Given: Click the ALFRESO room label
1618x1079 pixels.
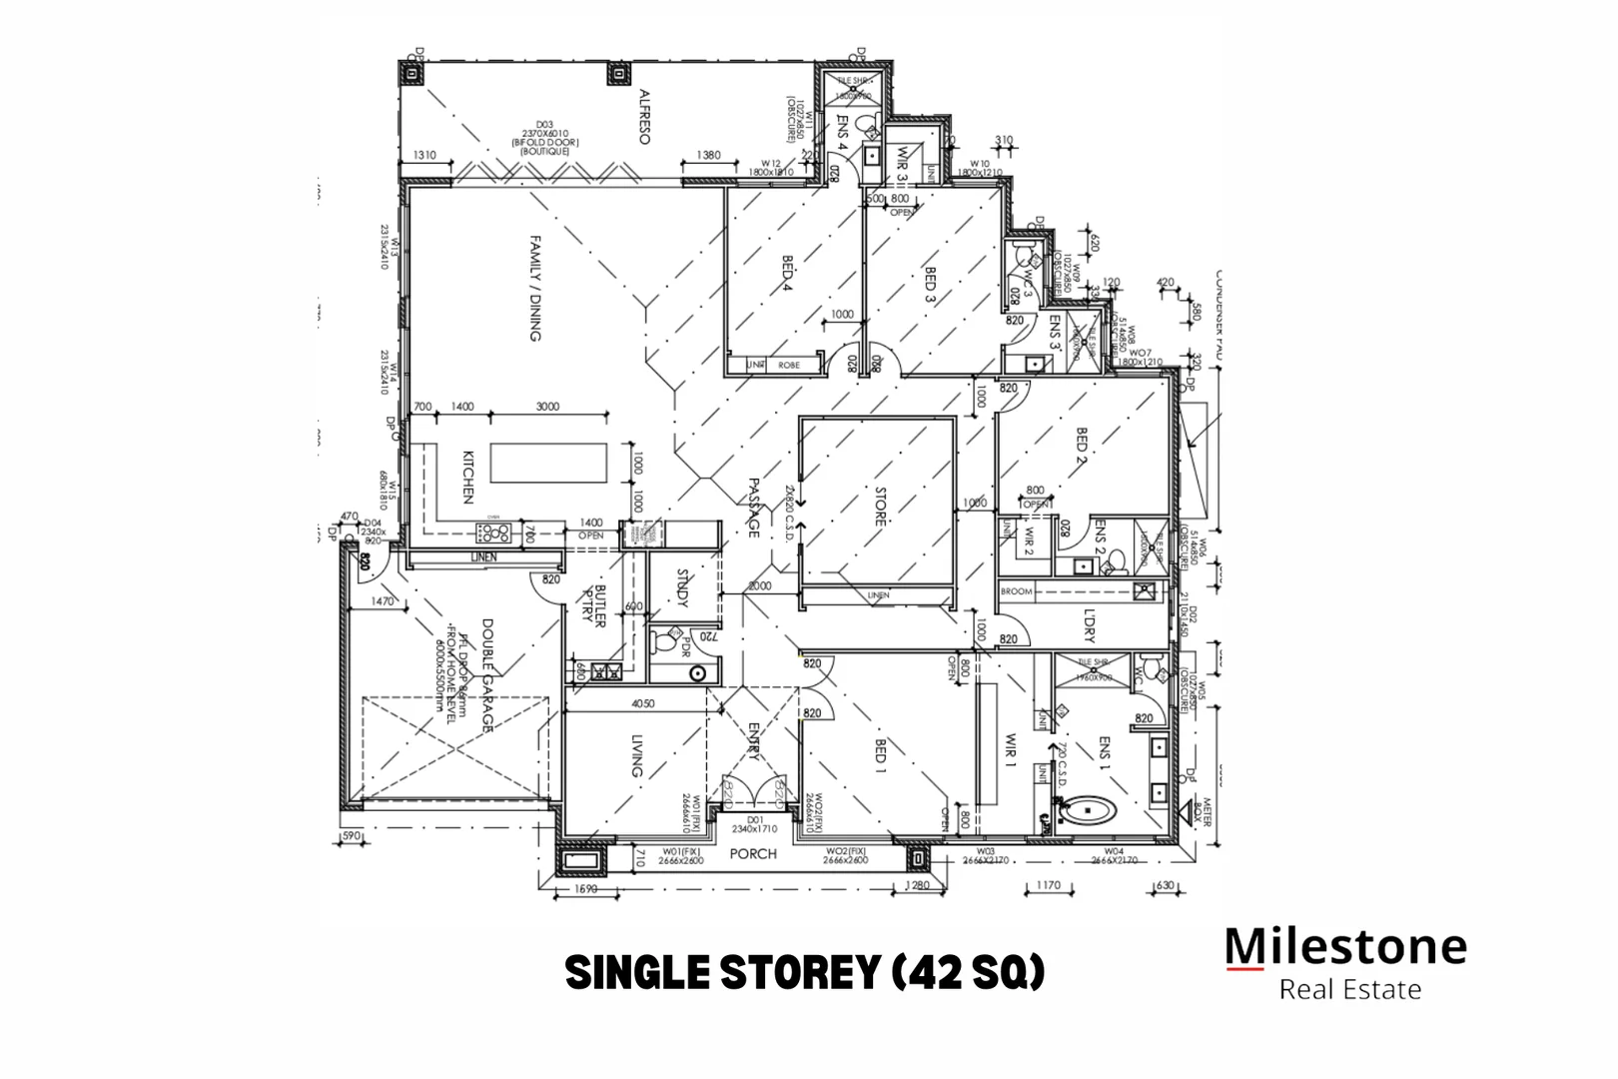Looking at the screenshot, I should click(644, 118).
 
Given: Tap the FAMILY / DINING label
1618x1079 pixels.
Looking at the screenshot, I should click(535, 289).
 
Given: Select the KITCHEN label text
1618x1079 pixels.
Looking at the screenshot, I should click(466, 477).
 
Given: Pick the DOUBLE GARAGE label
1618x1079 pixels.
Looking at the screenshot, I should click(487, 675).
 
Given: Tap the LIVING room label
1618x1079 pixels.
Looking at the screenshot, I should click(636, 755).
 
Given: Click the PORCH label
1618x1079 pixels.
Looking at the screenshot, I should click(753, 853).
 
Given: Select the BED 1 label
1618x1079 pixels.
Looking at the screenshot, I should click(881, 757).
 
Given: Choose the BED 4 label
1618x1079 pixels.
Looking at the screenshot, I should click(787, 274).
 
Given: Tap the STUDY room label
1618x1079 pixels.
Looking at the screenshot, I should click(683, 588).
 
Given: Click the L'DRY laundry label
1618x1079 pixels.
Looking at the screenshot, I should click(1089, 625).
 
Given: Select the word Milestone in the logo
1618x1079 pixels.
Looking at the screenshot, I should click(1345, 945).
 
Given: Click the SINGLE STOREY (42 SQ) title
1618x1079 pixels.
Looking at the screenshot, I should click(805, 971).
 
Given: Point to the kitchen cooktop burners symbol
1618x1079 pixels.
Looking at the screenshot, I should click(495, 534).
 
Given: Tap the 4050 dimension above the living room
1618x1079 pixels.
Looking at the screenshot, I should click(643, 703).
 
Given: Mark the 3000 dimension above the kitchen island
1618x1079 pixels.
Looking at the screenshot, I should click(547, 407).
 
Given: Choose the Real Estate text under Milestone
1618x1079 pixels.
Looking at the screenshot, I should click(1349, 990).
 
